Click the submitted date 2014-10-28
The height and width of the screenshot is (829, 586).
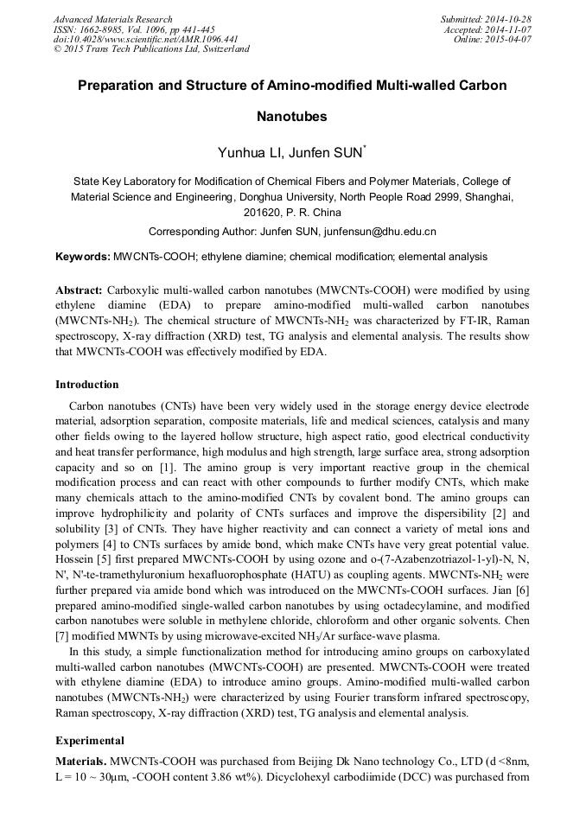pos(511,19)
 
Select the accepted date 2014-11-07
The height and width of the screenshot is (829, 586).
pos(511,29)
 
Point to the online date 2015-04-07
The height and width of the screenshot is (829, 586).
pos(511,40)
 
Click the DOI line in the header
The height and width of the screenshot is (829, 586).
pos(146,40)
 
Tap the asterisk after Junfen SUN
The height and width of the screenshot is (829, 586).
pos(366,149)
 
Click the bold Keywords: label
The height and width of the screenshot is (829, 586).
pos(83,257)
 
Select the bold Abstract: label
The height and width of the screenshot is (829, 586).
pos(80,290)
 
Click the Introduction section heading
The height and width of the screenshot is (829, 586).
pos(87,385)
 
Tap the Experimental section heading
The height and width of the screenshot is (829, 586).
pos(90,741)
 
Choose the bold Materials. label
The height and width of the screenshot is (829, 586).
pos(80,761)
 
